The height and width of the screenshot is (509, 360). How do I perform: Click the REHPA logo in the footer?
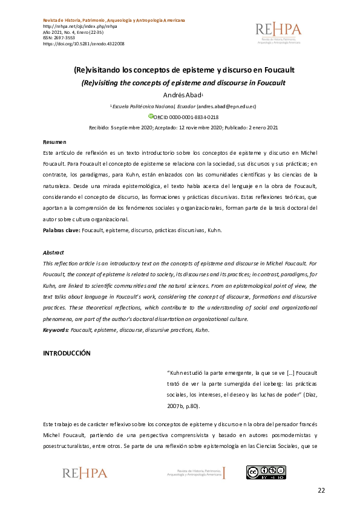tap(84, 473)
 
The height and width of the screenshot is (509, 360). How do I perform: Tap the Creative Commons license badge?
tap(266, 473)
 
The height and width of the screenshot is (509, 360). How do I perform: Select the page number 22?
tap(321, 490)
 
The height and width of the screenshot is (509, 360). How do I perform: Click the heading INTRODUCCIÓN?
tap(67, 353)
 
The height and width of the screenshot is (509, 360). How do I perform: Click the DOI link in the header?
tap(83, 44)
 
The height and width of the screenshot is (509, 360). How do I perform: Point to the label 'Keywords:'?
tap(55, 331)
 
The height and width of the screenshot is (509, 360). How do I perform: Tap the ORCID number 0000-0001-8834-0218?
tap(194, 117)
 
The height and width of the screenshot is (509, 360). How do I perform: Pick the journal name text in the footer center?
tap(194, 473)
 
